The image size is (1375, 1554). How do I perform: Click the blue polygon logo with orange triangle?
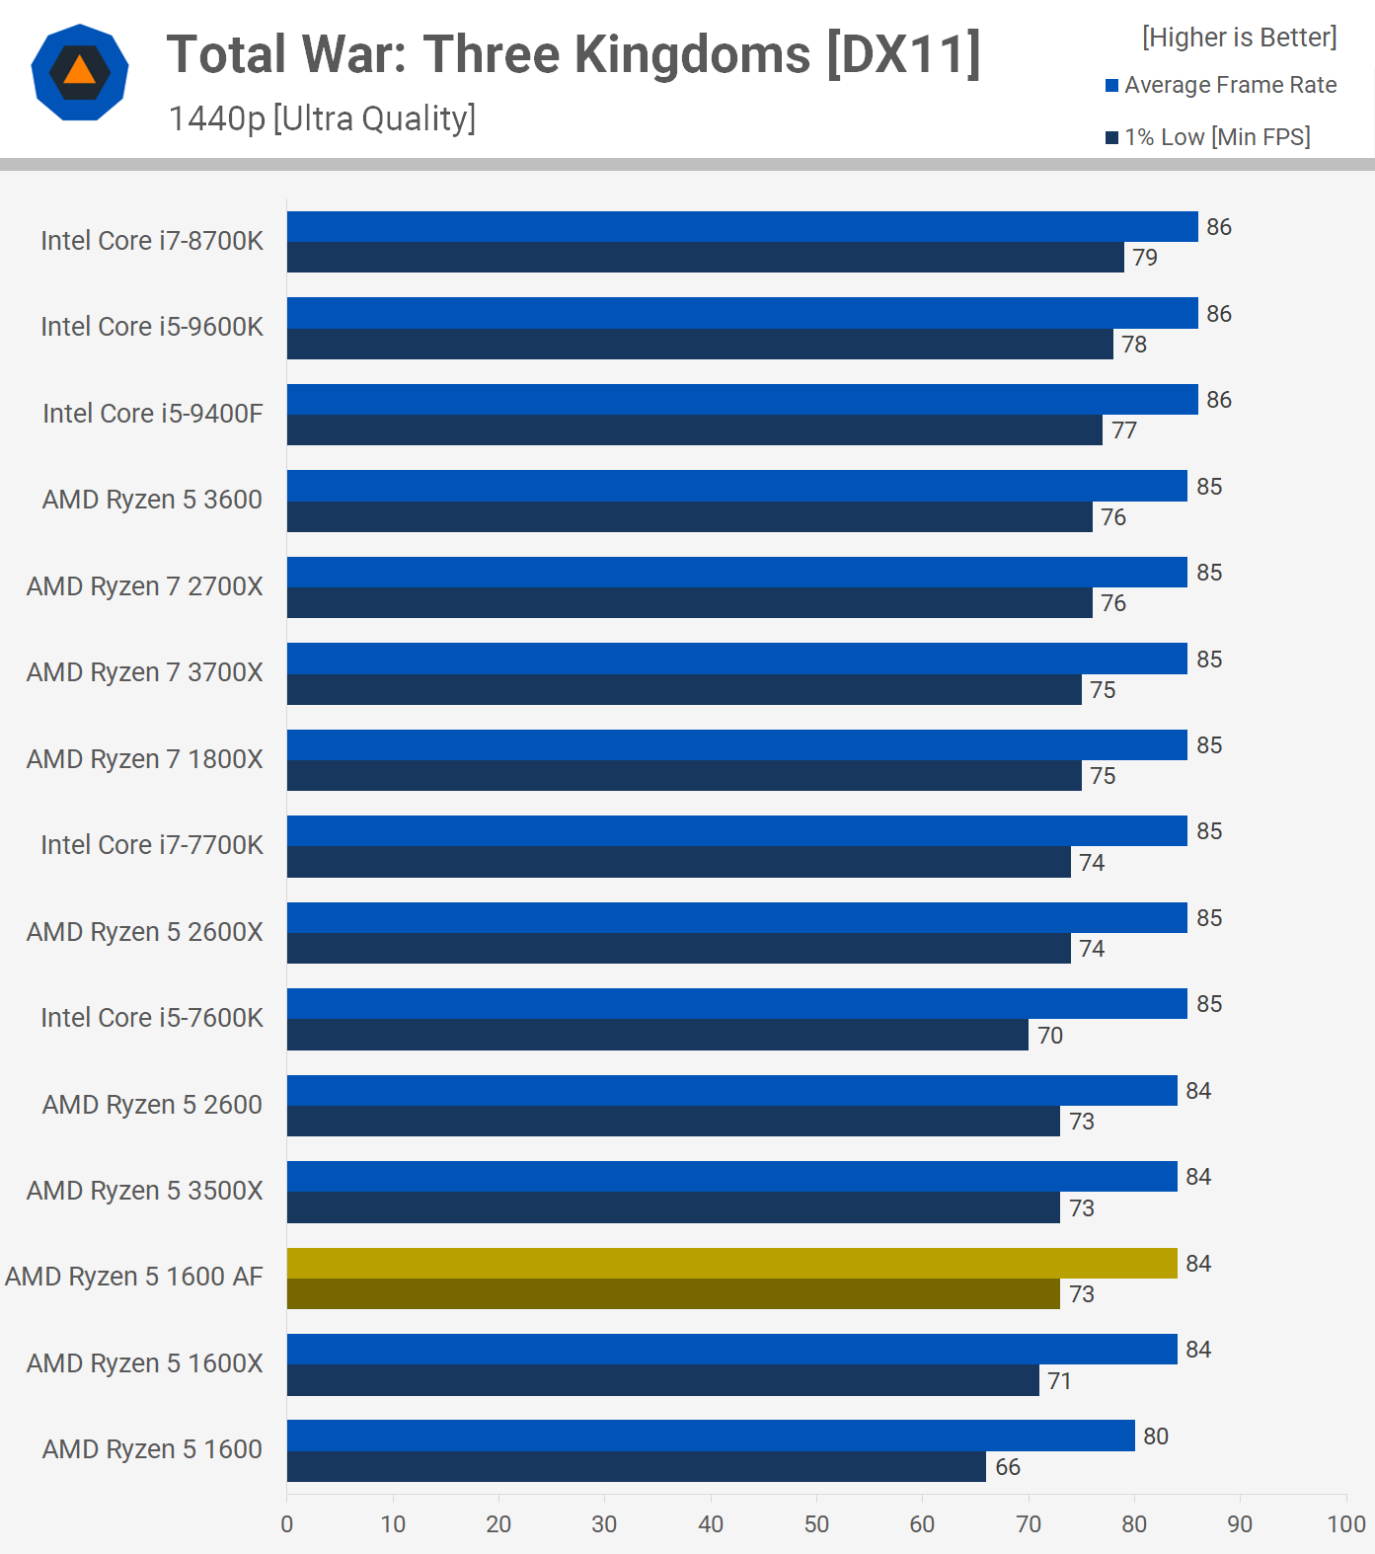[80, 72]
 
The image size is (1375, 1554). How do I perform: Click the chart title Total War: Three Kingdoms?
[573, 54]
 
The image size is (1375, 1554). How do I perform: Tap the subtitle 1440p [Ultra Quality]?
[322, 118]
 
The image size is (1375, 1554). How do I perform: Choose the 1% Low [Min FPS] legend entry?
[1207, 137]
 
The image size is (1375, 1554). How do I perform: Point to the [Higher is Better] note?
[1239, 38]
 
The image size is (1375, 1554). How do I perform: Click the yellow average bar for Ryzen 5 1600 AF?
[731, 1263]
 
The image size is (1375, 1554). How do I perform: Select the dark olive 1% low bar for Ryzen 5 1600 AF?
[673, 1293]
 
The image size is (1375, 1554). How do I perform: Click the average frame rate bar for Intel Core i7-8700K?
[742, 226]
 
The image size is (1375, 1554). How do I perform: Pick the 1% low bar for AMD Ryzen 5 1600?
[636, 1466]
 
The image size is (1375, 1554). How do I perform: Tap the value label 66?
[1008, 1467]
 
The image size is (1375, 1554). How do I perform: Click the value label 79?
[1145, 258]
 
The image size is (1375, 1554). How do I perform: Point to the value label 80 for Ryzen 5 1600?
[1156, 1437]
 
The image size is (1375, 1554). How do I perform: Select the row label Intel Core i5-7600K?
[152, 1018]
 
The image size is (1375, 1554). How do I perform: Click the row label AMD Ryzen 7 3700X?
[145, 672]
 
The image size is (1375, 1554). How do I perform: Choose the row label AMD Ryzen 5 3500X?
[145, 1191]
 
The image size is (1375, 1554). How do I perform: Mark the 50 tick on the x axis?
[816, 1524]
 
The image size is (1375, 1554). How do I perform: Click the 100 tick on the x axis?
[1346, 1524]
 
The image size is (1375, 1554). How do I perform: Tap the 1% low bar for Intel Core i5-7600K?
[657, 1035]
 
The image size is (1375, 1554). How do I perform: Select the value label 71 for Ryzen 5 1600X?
[1060, 1381]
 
